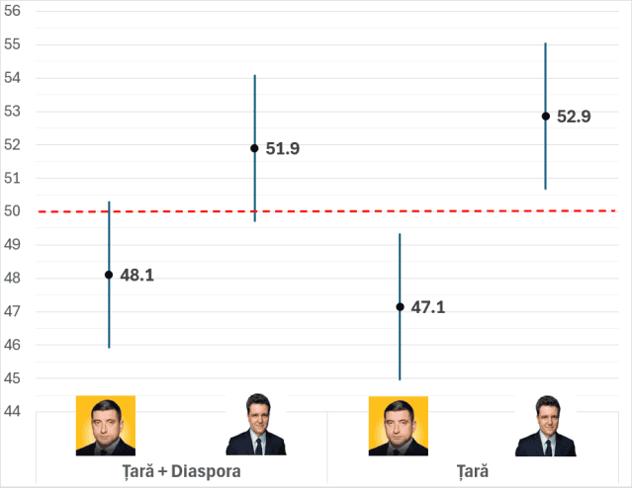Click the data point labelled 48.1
point(109,275)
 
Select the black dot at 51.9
point(254,148)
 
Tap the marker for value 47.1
point(400,307)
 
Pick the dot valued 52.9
point(545,116)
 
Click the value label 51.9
point(283,149)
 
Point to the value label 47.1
point(428,308)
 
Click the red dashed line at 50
point(326,210)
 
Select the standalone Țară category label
point(473,471)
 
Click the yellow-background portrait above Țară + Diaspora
point(106,425)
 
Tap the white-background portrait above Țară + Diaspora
point(254,425)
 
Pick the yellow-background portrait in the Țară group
point(399,425)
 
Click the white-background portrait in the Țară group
point(545,425)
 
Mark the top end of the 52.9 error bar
point(545,43)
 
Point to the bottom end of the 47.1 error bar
point(400,379)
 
